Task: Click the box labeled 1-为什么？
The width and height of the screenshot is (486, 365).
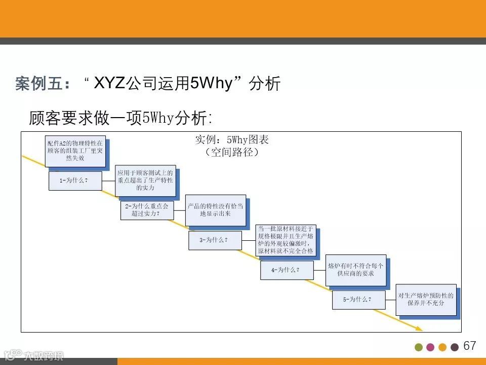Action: [x=74, y=181]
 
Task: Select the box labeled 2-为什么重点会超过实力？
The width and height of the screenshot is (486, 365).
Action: [x=146, y=210]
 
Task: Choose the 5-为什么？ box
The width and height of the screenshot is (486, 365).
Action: [x=358, y=300]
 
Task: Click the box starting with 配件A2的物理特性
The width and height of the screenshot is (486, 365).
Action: [x=75, y=151]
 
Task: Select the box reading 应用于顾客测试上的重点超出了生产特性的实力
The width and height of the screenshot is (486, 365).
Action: [x=145, y=180]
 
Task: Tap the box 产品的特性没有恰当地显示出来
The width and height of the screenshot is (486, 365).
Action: [x=216, y=210]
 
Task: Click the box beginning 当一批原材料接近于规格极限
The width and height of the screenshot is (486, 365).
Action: [x=286, y=240]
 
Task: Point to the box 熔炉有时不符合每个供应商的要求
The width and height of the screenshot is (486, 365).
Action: [x=355, y=270]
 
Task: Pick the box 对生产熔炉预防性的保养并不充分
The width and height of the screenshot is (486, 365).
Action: [x=426, y=299]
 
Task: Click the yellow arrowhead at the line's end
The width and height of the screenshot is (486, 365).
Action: [x=420, y=328]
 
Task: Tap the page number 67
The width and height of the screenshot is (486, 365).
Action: [x=470, y=346]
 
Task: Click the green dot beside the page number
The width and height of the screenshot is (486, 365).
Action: [x=419, y=347]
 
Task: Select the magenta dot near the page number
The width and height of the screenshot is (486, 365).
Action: [x=430, y=347]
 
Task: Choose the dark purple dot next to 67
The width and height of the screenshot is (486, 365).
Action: [x=455, y=347]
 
